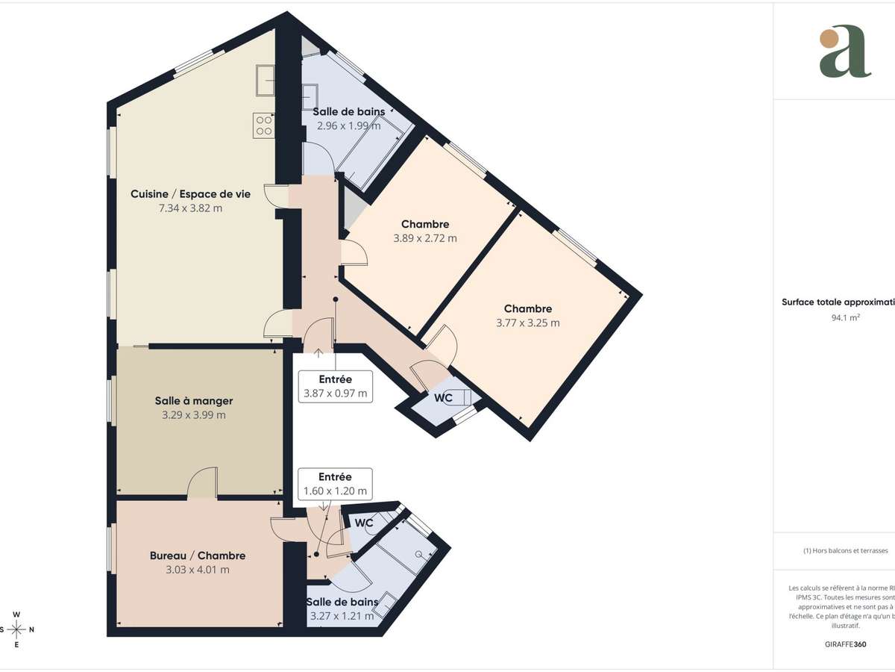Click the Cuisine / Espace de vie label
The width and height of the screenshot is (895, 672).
click(190, 193)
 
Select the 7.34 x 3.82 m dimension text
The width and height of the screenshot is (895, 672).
click(190, 208)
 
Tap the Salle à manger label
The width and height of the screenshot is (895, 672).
click(193, 401)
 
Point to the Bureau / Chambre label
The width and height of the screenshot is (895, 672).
click(198, 556)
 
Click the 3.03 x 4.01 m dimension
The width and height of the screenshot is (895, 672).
click(198, 570)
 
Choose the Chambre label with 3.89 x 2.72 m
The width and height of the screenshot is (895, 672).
click(425, 224)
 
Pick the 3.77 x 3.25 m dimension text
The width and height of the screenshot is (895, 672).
click(527, 323)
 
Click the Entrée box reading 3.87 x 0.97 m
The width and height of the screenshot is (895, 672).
click(335, 387)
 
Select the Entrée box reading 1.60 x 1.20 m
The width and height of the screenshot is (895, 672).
click(335, 484)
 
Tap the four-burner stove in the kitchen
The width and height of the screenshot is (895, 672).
click(264, 124)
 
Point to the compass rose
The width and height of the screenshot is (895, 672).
click(16, 629)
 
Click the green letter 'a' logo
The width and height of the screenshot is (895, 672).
click(844, 52)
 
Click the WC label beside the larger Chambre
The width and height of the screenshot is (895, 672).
click(443, 398)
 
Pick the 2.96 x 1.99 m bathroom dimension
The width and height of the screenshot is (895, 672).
click(348, 125)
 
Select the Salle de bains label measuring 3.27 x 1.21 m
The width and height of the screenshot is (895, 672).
click(342, 602)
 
